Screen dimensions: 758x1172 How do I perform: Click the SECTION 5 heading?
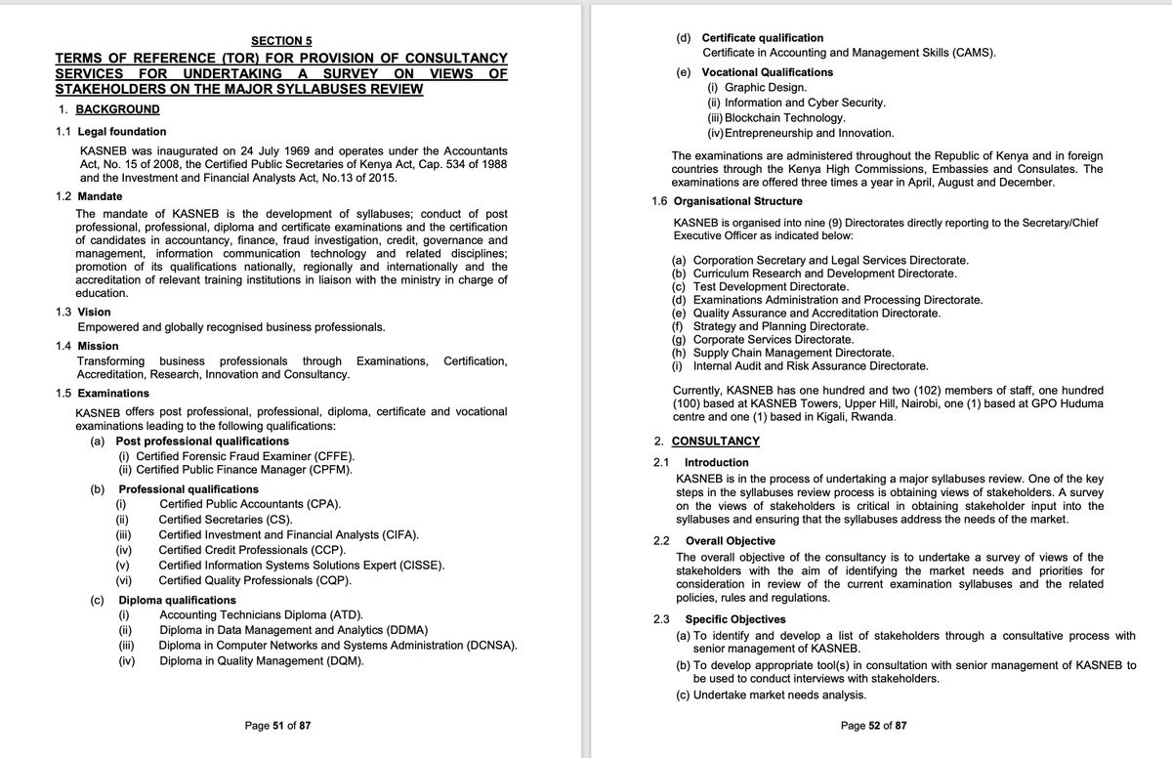[281, 41]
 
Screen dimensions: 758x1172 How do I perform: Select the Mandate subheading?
[100, 196]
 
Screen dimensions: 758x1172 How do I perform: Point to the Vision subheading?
[94, 313]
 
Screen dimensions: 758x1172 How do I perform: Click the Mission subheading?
[98, 346]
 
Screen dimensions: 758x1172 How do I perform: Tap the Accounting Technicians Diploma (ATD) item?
[261, 615]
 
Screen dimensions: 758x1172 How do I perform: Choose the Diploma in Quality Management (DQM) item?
[261, 660]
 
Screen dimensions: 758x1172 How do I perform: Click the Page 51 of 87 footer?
[278, 726]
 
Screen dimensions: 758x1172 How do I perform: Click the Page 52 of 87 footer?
[873, 726]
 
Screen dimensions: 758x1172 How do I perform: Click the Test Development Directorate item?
[771, 287]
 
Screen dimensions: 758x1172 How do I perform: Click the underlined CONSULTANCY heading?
[715, 442]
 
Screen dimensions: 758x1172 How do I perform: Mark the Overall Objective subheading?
[730, 541]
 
